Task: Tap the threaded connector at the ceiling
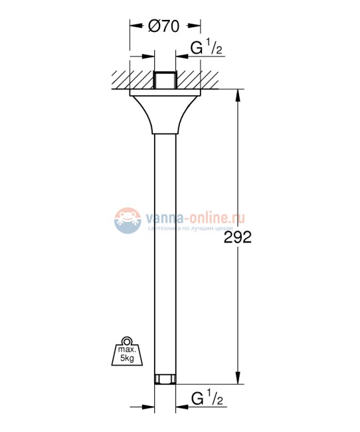coord(165,80)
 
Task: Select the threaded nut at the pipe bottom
coord(165,379)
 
